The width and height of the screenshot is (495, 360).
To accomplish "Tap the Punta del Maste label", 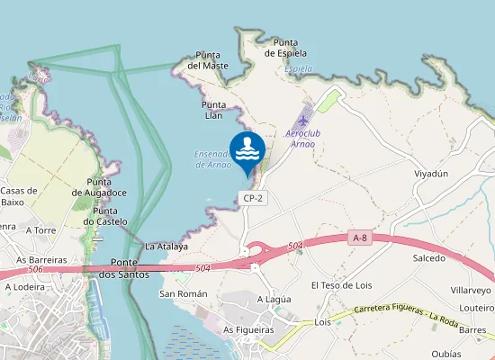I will tap(208, 60).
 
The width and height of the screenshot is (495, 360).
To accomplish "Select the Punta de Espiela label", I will tap(286, 48).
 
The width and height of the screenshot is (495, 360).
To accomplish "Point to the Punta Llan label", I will tap(218, 110).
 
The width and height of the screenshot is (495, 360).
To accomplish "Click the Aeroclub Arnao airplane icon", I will tap(304, 118).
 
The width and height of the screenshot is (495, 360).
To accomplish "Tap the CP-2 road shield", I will tap(252, 197).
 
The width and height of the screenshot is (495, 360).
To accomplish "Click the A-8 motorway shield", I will tap(360, 238).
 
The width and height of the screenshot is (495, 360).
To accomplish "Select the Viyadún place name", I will tap(430, 174).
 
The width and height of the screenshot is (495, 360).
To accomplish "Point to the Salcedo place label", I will tap(428, 258).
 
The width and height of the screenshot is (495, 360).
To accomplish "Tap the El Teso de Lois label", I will tap(341, 285).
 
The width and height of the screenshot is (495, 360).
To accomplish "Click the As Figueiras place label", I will tap(248, 330).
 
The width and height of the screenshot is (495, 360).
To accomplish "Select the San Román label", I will tap(184, 293).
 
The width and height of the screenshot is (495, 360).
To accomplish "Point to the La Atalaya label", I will tap(166, 246).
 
